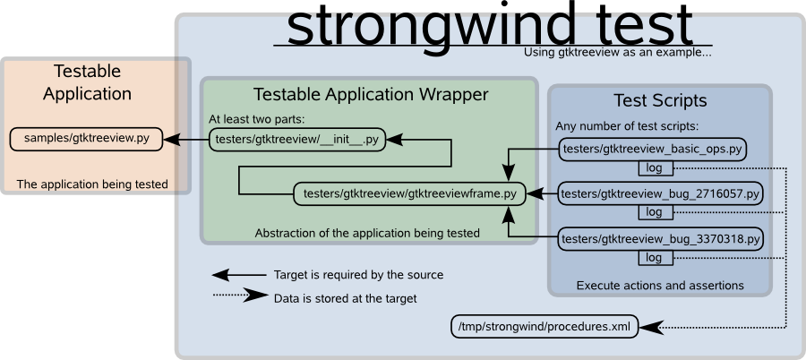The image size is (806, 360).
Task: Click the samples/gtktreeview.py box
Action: (86, 139)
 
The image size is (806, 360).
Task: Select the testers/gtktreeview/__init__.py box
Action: (297, 140)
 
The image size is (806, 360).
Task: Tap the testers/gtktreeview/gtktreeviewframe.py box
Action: (409, 194)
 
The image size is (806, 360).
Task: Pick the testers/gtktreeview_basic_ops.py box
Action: (652, 150)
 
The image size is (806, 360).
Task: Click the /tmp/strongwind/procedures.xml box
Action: (544, 327)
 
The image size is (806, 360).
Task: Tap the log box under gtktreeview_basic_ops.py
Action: (656, 167)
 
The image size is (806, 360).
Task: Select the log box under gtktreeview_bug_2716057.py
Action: (656, 212)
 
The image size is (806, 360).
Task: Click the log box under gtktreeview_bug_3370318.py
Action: (656, 258)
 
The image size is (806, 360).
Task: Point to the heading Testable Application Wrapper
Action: (371, 95)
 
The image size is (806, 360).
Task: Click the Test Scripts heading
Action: (660, 101)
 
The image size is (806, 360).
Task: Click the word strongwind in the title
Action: (429, 26)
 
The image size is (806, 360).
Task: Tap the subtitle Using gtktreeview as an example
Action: (617, 53)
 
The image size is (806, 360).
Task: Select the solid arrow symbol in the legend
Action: (239, 275)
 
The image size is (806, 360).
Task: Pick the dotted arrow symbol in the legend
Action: (240, 296)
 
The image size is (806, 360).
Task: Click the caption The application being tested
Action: (92, 184)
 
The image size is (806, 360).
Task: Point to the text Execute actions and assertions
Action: (660, 286)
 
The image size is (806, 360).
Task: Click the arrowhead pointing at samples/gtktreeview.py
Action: (172, 140)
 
